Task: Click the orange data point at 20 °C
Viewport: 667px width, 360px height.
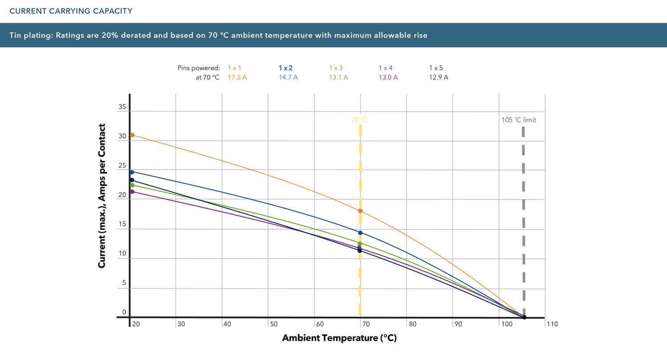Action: click(x=132, y=135)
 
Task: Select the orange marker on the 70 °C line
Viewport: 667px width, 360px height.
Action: click(x=360, y=211)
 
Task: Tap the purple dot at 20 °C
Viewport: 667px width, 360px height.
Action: click(x=132, y=192)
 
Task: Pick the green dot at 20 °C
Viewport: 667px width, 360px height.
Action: click(x=132, y=185)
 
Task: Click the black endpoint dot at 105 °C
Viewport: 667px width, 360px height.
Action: click(x=524, y=317)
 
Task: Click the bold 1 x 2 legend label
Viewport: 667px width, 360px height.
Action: click(x=286, y=68)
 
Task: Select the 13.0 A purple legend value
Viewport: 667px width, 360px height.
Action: click(x=388, y=77)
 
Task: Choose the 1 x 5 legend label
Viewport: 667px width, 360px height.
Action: click(x=436, y=68)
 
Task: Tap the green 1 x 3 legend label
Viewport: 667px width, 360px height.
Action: click(x=336, y=68)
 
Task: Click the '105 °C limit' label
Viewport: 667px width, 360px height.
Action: click(x=519, y=120)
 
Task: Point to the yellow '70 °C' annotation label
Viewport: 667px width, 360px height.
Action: click(x=359, y=120)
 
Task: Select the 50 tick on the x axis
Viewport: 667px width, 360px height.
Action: click(x=274, y=324)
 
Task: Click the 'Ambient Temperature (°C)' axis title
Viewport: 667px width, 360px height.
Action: click(x=339, y=338)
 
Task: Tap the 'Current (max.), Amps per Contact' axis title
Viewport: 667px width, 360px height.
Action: click(x=102, y=196)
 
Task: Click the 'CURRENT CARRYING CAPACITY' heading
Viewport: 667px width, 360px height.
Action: click(x=71, y=11)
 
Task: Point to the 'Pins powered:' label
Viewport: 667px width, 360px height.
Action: click(x=198, y=68)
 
